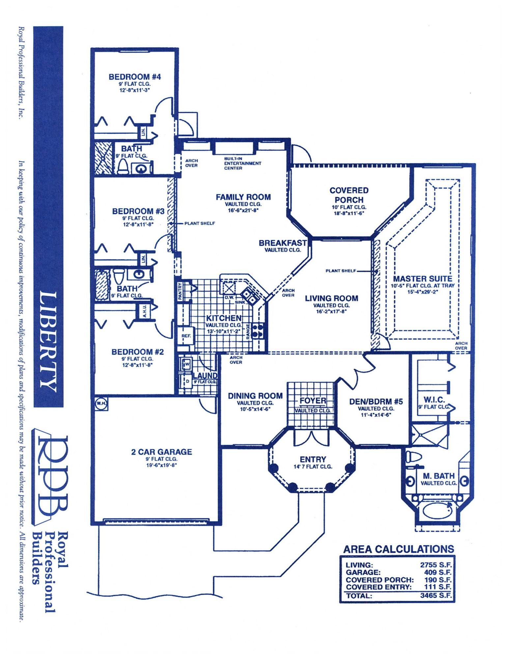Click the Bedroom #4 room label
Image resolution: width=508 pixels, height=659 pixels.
[135, 77]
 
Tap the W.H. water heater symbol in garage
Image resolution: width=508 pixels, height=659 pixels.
[100, 403]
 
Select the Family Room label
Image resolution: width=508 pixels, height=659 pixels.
[243, 197]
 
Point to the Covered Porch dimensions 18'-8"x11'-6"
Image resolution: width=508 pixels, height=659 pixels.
[349, 213]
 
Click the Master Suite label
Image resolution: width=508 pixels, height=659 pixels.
[422, 279]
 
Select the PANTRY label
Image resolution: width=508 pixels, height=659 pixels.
[180, 291]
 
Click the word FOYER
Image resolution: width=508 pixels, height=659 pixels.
[312, 401]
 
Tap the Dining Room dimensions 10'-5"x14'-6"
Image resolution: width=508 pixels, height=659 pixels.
[255, 409]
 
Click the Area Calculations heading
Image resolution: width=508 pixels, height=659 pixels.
[398, 549]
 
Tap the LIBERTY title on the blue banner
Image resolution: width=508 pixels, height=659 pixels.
[48, 339]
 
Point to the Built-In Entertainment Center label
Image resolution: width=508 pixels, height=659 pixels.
[242, 163]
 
